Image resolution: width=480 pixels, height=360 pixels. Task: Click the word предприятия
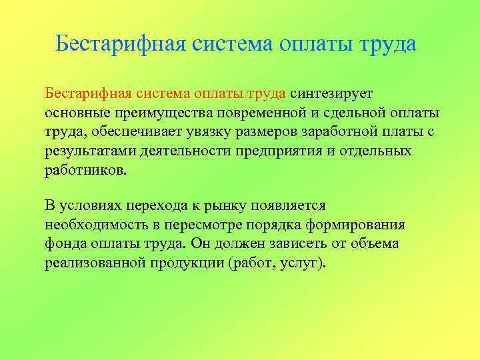point(280,151)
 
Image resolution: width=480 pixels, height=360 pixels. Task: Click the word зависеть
point(293,244)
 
